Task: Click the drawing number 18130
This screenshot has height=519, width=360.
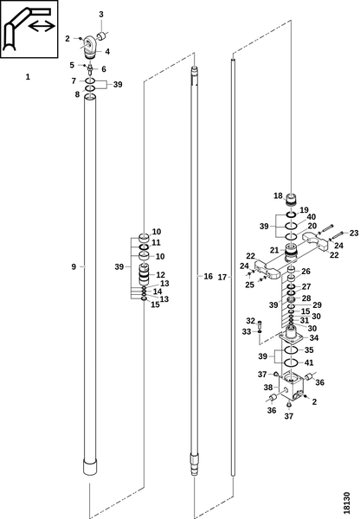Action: [x=346, y=503]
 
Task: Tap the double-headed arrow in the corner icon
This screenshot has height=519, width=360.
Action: [x=42, y=26]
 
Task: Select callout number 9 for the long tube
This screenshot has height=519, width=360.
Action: [x=74, y=266]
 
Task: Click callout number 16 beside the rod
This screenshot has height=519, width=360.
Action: [x=208, y=276]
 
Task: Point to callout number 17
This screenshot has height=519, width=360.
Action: [x=222, y=277]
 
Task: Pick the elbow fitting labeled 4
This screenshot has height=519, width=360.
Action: [x=90, y=45]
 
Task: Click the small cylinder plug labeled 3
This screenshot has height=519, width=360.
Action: [x=101, y=35]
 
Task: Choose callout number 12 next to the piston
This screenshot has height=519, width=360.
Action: [x=160, y=275]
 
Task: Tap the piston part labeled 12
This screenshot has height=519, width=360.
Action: [x=144, y=274]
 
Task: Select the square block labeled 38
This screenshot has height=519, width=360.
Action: [x=291, y=388]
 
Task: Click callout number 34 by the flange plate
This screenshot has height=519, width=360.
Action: [x=313, y=337]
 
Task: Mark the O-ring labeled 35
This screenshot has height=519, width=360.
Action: [x=291, y=350]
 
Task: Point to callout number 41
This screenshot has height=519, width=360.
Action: [x=309, y=362]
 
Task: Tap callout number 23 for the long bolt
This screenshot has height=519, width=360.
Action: [x=354, y=233]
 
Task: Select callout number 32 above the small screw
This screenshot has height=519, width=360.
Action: [x=250, y=321]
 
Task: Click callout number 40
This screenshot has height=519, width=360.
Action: [x=312, y=217]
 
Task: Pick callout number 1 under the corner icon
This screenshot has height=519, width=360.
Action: [x=28, y=77]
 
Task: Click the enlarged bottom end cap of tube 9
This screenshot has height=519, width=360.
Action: [x=90, y=467]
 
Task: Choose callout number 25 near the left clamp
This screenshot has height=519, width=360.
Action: [x=250, y=285]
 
